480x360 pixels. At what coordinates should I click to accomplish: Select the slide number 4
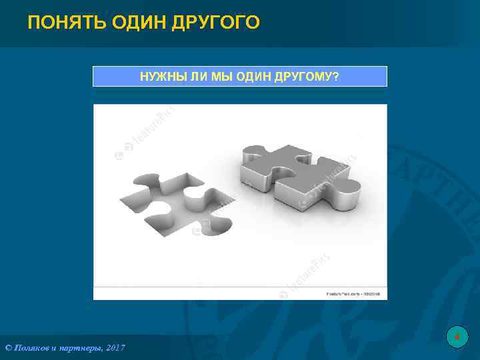pos(457,337)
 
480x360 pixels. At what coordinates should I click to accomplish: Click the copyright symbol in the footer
pos(8,348)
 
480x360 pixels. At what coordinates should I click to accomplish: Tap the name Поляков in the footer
pos(31,348)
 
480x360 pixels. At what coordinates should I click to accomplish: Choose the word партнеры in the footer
pos(78,348)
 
